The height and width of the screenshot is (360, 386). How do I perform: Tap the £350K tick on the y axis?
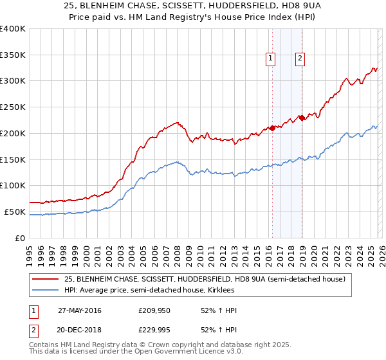[x=12, y=55]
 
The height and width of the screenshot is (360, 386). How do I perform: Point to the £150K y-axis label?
[x=12, y=159]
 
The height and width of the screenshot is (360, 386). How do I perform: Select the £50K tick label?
[x=15, y=212]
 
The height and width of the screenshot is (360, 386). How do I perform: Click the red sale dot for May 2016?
[x=272, y=128]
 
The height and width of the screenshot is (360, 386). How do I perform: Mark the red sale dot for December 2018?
[x=302, y=118]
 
